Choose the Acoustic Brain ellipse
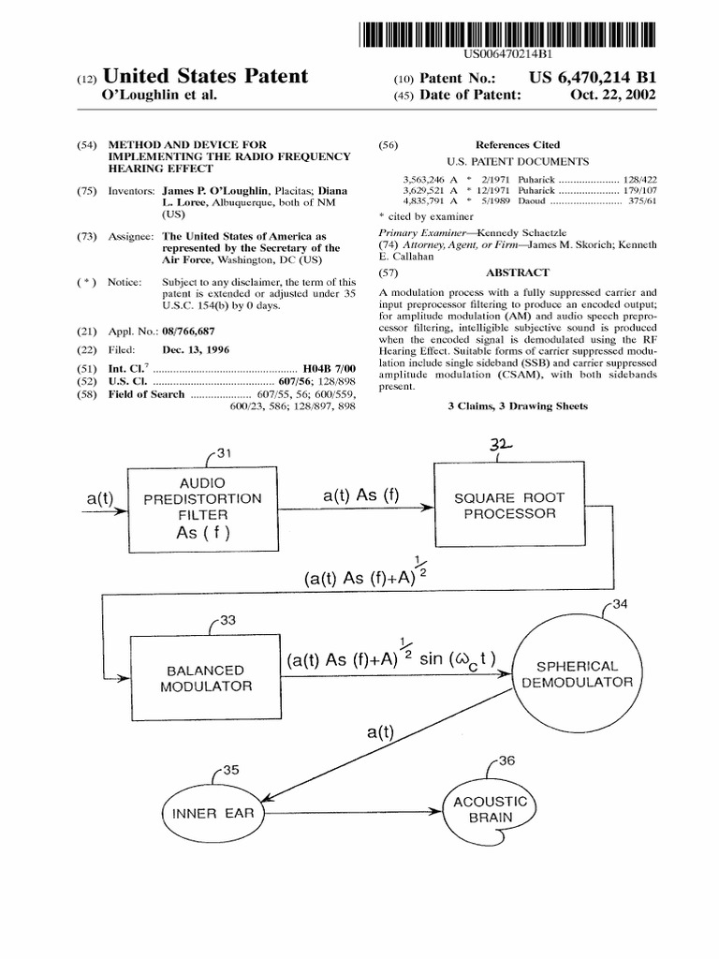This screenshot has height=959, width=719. coord(491,809)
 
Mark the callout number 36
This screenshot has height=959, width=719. coord(506,760)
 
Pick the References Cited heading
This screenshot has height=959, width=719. coord(518,145)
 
